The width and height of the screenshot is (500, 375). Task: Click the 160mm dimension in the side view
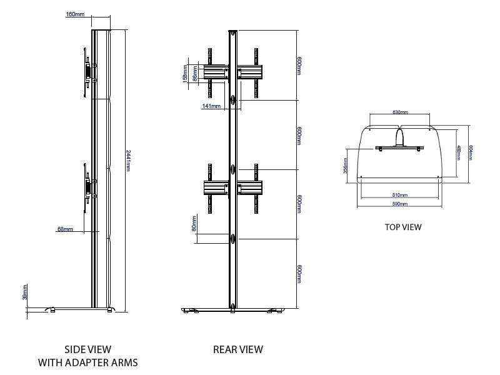[x=75, y=14]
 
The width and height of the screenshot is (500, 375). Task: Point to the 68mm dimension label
[x=65, y=229]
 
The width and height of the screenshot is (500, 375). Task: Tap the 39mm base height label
[x=26, y=292]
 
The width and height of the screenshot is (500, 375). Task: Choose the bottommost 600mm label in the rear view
[x=300, y=274]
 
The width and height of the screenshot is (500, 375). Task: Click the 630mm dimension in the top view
[x=400, y=112]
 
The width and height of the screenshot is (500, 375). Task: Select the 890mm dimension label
[x=400, y=204]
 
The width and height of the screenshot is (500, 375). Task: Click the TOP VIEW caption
[x=403, y=227]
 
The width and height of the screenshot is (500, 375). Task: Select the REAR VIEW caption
[x=238, y=349]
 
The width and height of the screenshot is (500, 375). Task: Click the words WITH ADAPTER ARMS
[x=88, y=362]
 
